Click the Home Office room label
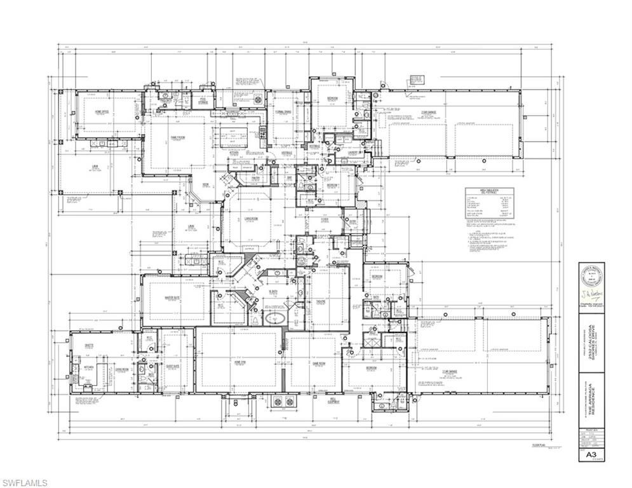[x=101, y=112]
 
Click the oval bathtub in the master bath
[x=275, y=318]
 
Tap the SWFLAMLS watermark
[x=24, y=482]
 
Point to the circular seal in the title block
[x=591, y=278]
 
